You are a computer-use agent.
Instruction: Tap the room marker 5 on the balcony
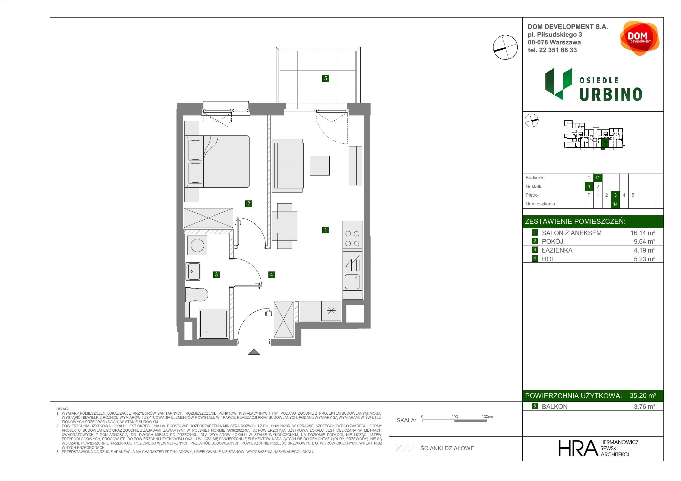click(x=326, y=78)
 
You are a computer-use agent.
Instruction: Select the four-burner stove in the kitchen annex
click(x=352, y=239)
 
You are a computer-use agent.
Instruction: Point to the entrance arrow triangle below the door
click(x=254, y=352)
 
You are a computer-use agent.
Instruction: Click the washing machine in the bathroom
click(x=197, y=245)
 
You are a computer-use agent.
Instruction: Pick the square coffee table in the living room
click(x=320, y=165)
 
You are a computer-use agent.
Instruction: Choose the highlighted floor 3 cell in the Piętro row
click(x=615, y=195)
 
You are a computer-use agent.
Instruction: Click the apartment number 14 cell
click(x=615, y=204)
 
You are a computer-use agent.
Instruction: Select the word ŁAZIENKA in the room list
click(x=557, y=250)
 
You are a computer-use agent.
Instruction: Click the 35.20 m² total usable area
click(x=643, y=396)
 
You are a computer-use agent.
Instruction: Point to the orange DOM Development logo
click(x=640, y=38)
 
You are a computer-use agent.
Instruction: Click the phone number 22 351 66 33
click(x=558, y=50)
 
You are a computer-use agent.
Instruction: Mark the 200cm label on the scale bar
click(x=487, y=417)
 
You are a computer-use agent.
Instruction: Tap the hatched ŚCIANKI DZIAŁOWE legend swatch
click(x=405, y=448)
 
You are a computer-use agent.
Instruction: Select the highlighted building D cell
click(x=598, y=178)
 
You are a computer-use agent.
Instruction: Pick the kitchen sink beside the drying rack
click(x=352, y=281)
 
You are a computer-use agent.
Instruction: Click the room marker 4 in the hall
click(x=271, y=275)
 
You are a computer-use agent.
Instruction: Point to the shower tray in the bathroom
click(x=214, y=324)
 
